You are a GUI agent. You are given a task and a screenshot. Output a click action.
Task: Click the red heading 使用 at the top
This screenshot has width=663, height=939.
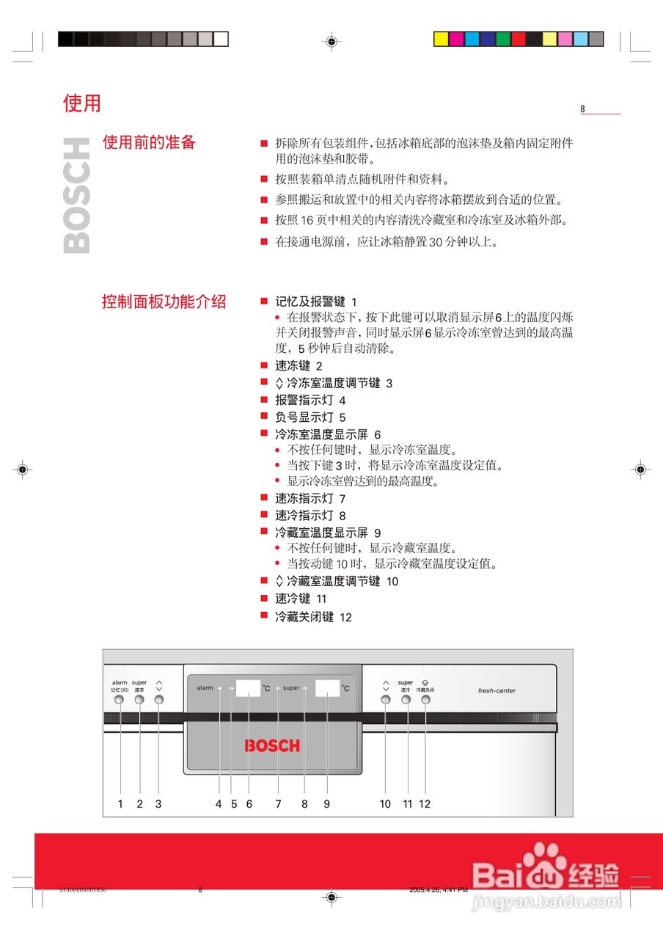(82, 103)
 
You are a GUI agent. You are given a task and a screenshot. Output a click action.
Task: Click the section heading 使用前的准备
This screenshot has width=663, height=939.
(149, 142)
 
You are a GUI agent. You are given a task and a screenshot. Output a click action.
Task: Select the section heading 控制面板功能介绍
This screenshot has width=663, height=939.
(164, 302)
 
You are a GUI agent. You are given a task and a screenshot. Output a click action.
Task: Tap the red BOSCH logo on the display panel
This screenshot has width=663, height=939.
(272, 746)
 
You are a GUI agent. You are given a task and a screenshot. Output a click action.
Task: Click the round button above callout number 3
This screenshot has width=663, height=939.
(159, 700)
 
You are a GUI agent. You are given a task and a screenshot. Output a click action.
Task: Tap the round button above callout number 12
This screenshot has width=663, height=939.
(425, 700)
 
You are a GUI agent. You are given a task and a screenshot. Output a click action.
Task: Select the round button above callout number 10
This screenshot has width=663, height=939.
(386, 700)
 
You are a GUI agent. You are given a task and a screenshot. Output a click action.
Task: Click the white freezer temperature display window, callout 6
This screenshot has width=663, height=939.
(249, 688)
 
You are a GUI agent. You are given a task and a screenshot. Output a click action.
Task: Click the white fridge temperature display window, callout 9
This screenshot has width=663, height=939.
(327, 688)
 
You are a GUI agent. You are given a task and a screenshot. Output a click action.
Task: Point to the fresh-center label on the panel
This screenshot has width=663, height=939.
(497, 690)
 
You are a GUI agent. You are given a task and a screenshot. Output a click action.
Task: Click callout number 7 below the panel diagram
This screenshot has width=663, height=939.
(278, 804)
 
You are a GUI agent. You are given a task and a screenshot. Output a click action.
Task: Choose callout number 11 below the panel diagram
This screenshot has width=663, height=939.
(408, 804)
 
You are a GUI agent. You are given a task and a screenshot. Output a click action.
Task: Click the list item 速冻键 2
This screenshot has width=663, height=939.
(298, 365)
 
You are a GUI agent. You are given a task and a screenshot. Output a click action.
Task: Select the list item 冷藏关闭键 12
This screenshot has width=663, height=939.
(313, 618)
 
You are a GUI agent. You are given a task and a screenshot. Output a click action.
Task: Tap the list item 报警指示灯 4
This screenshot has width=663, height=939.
(310, 401)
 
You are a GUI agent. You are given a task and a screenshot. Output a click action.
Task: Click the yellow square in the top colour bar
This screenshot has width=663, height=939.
(441, 39)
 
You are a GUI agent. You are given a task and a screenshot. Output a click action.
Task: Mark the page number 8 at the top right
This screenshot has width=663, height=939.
(583, 109)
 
